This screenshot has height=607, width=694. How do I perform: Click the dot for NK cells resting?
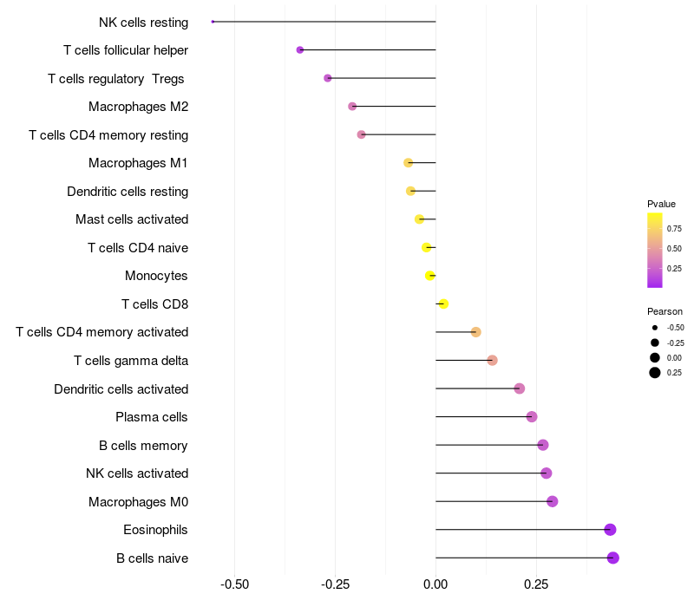click(213, 22)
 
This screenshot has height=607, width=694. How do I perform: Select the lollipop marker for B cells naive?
click(613, 558)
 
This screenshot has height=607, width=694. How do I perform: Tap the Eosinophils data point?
click(610, 530)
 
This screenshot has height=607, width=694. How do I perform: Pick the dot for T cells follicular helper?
click(300, 50)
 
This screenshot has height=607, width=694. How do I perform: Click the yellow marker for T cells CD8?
click(443, 303)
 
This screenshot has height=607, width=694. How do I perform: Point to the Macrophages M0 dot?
click(553, 501)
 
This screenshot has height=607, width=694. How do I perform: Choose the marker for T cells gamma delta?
click(492, 360)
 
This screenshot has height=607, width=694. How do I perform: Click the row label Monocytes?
click(156, 276)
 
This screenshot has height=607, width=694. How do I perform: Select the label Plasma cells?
click(152, 417)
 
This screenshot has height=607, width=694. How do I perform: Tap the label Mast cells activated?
click(132, 219)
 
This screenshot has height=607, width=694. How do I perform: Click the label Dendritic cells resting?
click(128, 191)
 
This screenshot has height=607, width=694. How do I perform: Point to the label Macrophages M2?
click(138, 107)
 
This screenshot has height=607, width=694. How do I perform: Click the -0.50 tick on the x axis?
click(234, 584)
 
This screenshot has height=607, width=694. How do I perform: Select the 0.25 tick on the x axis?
click(536, 584)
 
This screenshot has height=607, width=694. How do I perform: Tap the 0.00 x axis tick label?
click(435, 584)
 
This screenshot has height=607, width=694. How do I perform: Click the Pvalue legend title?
click(661, 204)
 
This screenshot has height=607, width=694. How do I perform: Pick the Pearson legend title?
click(665, 311)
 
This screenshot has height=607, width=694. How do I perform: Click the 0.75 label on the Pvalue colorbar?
click(674, 229)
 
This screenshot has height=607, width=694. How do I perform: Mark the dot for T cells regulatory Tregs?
click(328, 78)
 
